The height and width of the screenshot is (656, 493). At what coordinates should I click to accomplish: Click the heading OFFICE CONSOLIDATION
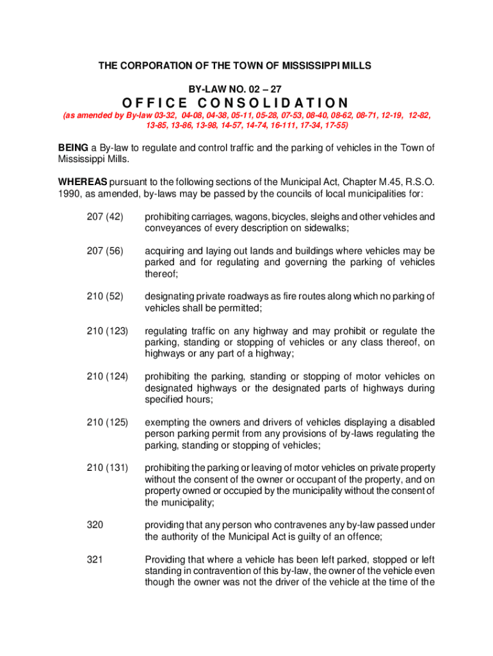coord(235,103)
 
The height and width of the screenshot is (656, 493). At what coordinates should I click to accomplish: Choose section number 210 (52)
coord(104,296)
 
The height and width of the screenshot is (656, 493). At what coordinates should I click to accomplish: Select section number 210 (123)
coord(107,331)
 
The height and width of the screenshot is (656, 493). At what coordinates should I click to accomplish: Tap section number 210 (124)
coord(107,376)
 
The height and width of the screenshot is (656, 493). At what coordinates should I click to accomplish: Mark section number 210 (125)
coord(107,422)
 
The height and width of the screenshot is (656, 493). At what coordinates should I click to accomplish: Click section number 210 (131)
coord(107,468)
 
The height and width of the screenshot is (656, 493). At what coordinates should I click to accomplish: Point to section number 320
coord(94,525)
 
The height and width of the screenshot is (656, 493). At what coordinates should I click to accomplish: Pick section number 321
coord(94,559)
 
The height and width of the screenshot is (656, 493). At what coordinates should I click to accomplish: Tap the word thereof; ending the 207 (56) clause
coord(161,274)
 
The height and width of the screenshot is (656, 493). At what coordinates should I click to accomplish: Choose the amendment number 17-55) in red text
coord(333,125)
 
